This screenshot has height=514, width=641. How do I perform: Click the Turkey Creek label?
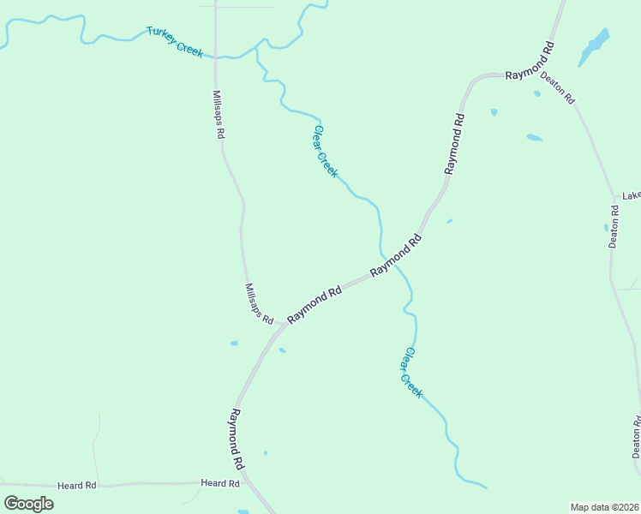pos(175,41)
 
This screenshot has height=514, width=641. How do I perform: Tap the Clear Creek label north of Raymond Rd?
pos(326,152)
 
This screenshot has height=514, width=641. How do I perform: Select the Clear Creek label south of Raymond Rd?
pos(413,373)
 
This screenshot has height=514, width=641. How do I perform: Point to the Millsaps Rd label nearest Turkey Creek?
pos(219,115)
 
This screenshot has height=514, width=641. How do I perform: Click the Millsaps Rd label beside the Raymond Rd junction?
pos(258,304)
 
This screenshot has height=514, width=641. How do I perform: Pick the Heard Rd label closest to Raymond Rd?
pos(220,484)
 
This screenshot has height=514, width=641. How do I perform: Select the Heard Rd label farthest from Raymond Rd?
pos(77,486)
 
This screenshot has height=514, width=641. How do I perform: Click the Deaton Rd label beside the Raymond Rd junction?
pos(558,87)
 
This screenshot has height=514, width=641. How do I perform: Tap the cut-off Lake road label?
pos(632,195)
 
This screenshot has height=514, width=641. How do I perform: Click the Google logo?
pos(28,503)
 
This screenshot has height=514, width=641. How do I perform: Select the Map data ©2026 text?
pos(603,507)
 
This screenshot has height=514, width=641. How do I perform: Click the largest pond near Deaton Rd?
pos(594,47)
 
